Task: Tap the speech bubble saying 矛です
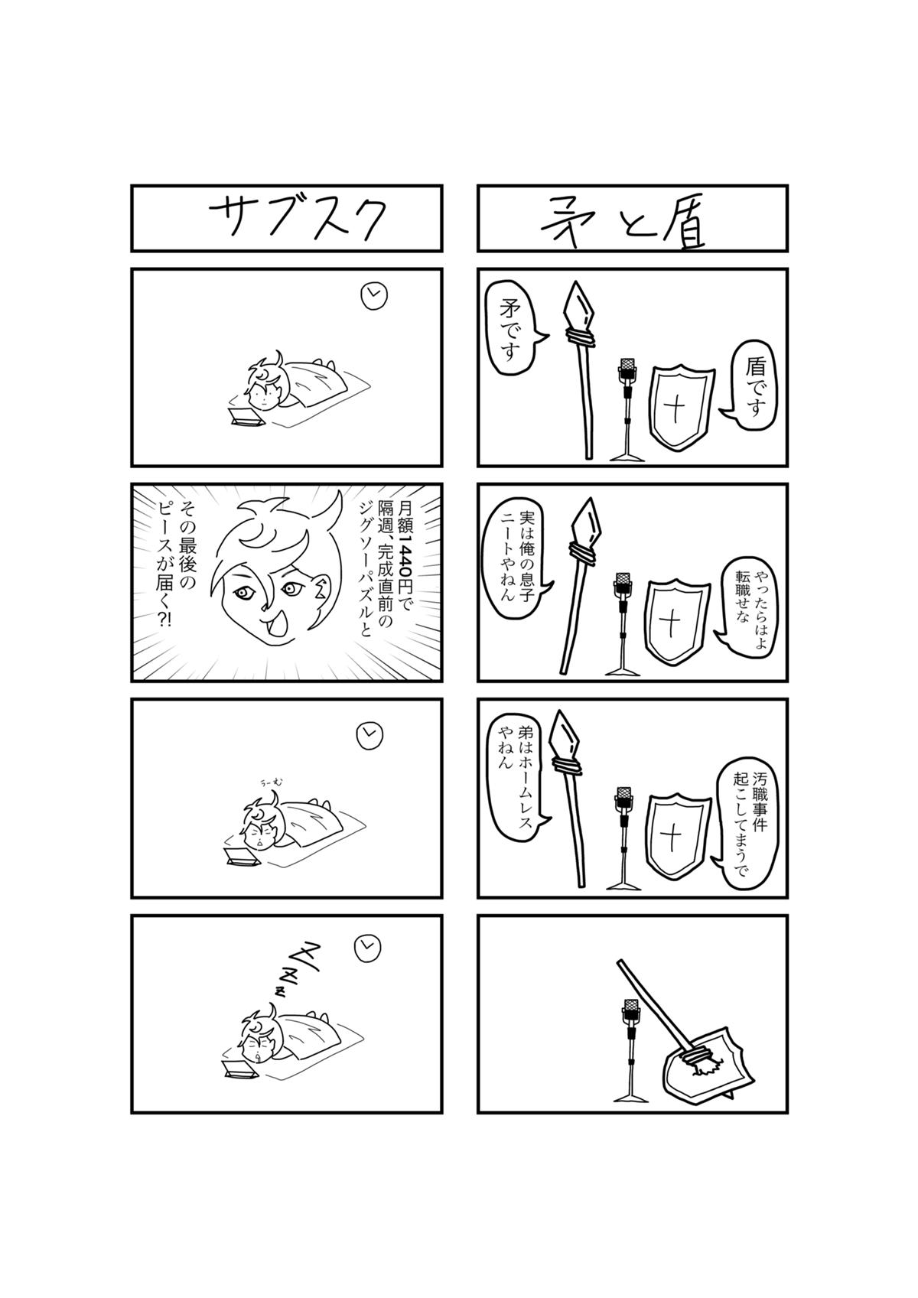click(x=513, y=329)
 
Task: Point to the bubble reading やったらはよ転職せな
click(x=747, y=603)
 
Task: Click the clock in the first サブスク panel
click(x=374, y=295)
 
